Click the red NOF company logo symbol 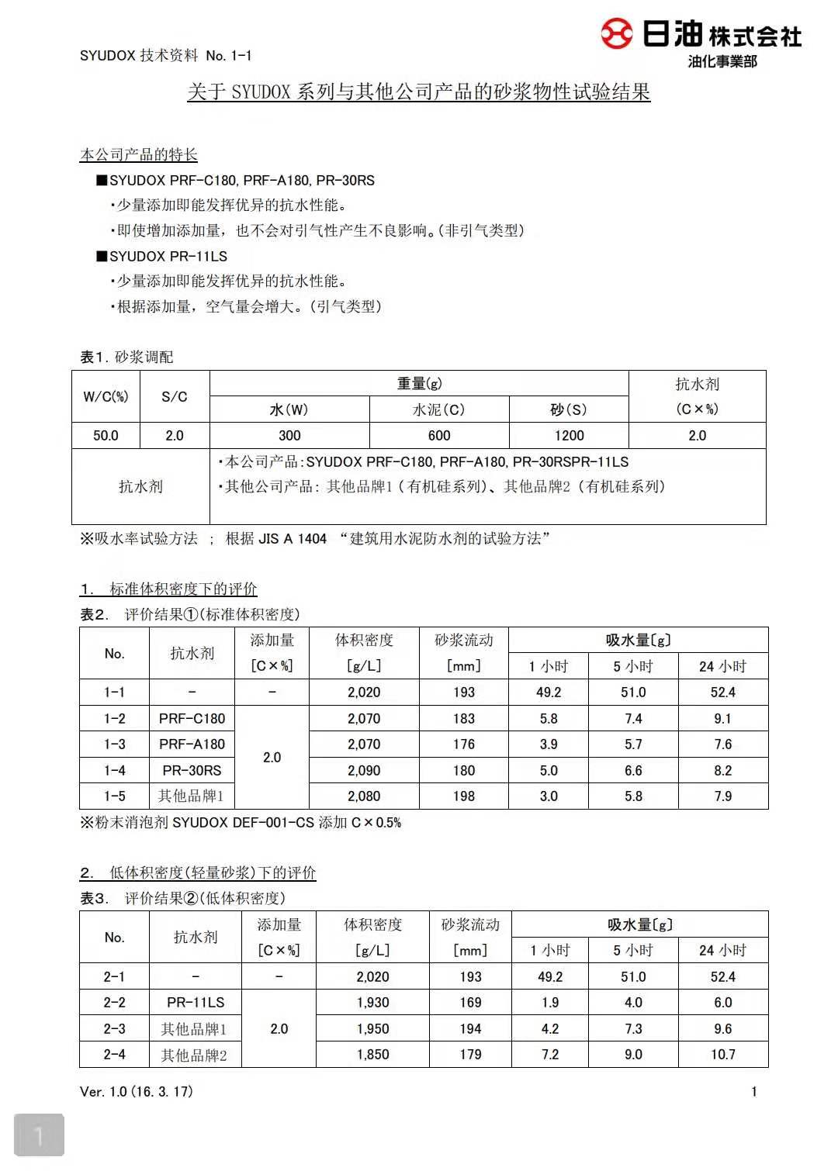(x=617, y=34)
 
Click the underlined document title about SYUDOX (x=418, y=92)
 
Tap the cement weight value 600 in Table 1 (x=439, y=436)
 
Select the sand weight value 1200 (x=569, y=436)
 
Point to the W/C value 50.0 (x=106, y=436)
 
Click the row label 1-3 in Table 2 (x=114, y=744)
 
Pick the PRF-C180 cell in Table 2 (x=192, y=719)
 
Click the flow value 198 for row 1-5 (x=464, y=796)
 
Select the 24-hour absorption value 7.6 (x=722, y=744)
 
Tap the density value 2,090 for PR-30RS (x=364, y=771)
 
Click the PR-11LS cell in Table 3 (x=196, y=1003)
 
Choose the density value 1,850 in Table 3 (x=372, y=1055)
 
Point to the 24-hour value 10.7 (x=722, y=1055)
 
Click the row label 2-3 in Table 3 (x=114, y=1029)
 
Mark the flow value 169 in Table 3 (x=470, y=1003)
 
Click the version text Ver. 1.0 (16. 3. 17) (x=137, y=1092)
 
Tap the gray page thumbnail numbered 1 (x=39, y=1136)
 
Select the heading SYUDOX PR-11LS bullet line (x=162, y=257)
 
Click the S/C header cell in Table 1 (x=175, y=397)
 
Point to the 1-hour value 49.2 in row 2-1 (x=549, y=977)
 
